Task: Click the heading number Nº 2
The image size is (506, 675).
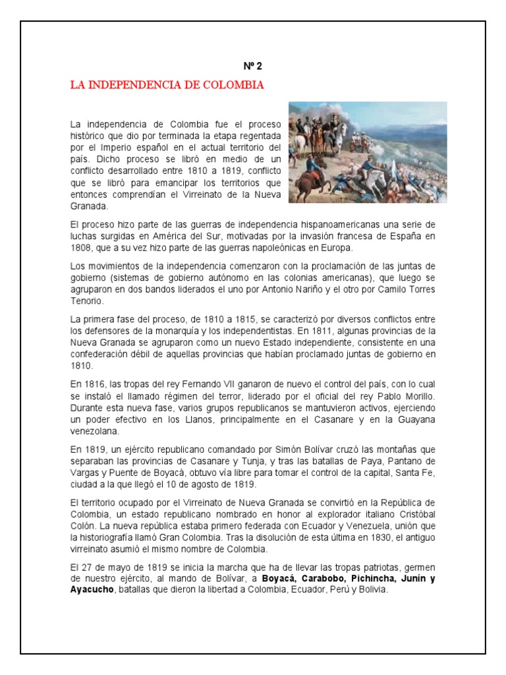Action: pyautogui.click(x=253, y=66)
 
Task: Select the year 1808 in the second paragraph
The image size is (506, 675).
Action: pyautogui.click(x=81, y=249)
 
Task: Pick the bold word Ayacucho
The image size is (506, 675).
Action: pyautogui.click(x=93, y=590)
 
